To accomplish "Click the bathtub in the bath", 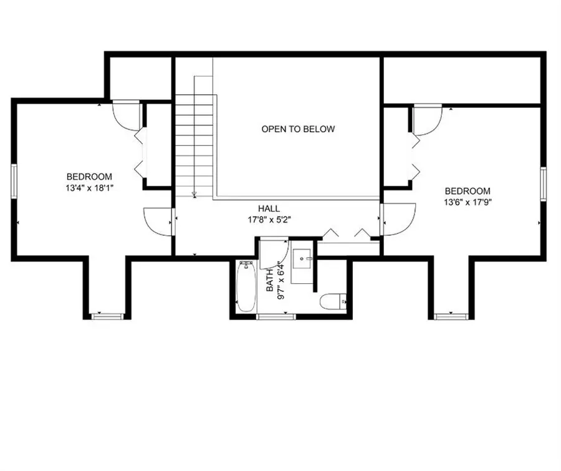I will tap(246, 287).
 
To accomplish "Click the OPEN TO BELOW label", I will tap(298, 129).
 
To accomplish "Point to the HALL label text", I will tap(269, 208).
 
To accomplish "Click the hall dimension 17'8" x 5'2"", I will tap(269, 219).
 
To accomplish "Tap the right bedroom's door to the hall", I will tap(398, 220).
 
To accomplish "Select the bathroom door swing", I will tap(272, 253).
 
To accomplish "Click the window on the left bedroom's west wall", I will tap(13, 182).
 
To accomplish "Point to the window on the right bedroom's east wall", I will tap(543, 185).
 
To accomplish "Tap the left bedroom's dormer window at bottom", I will tap(107, 316).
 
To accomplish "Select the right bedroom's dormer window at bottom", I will tap(451, 316).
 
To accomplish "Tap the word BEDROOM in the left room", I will tap(90, 177).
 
